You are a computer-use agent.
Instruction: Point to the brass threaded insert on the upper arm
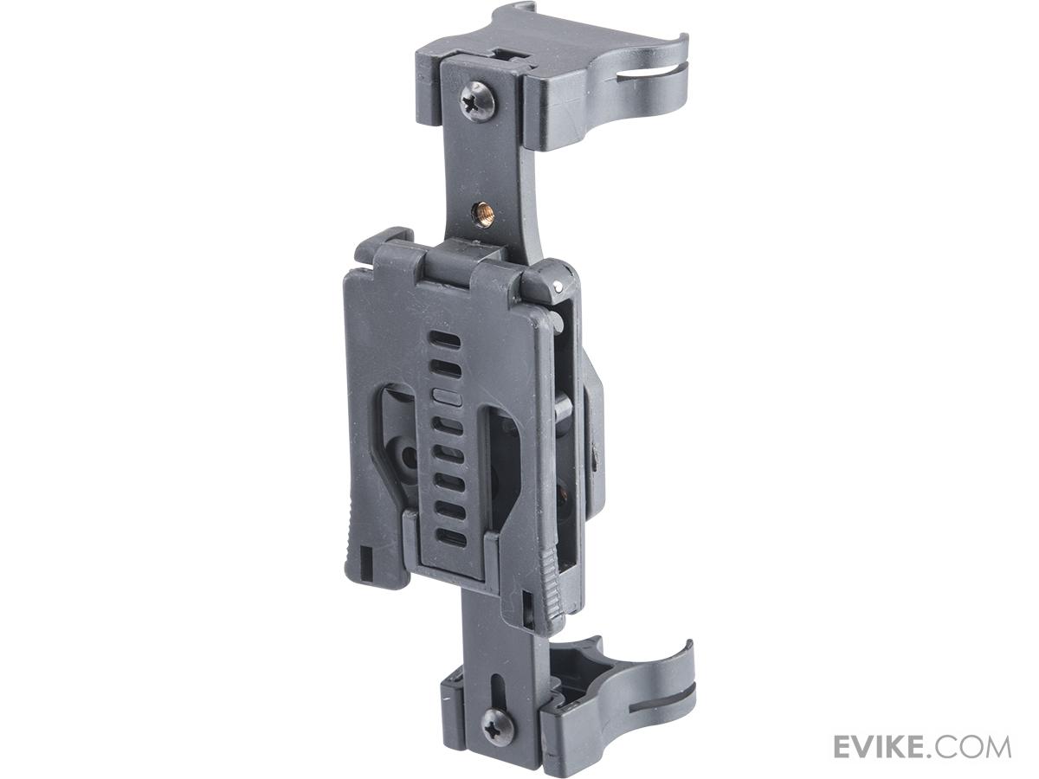[x=483, y=212]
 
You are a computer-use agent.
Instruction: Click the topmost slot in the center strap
[x=444, y=339]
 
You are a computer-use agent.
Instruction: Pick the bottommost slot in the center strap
[x=450, y=536]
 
